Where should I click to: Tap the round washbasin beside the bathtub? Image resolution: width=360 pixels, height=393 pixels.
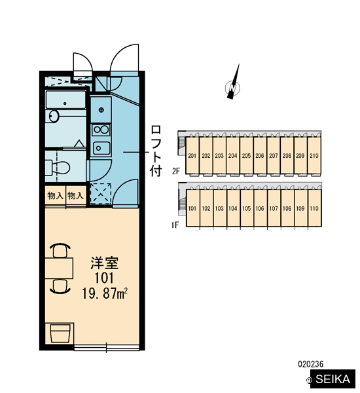54,116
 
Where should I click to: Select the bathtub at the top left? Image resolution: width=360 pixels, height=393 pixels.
65,100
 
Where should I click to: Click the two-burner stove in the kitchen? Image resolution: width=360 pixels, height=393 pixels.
101,130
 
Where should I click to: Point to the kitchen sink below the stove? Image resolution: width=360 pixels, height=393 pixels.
101,148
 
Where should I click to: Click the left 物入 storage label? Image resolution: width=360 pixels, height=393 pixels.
56,195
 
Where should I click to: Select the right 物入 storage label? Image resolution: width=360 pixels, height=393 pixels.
75,195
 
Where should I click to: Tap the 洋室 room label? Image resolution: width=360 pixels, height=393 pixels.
104,263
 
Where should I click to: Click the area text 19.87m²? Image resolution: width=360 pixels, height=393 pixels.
105,293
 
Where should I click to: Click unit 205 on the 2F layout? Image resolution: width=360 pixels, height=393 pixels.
246,156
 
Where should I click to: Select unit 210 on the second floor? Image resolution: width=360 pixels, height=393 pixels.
314,156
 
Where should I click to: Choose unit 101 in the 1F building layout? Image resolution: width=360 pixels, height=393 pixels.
192,208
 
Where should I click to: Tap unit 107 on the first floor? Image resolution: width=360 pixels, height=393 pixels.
274,208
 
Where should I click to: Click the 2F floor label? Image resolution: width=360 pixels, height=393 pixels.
176,171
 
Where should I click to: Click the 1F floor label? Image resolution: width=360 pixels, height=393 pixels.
175,225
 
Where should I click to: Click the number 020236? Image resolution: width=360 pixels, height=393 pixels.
311,364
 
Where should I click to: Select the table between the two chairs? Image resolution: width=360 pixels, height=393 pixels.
59,268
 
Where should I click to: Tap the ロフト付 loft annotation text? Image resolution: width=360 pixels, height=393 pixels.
156,151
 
